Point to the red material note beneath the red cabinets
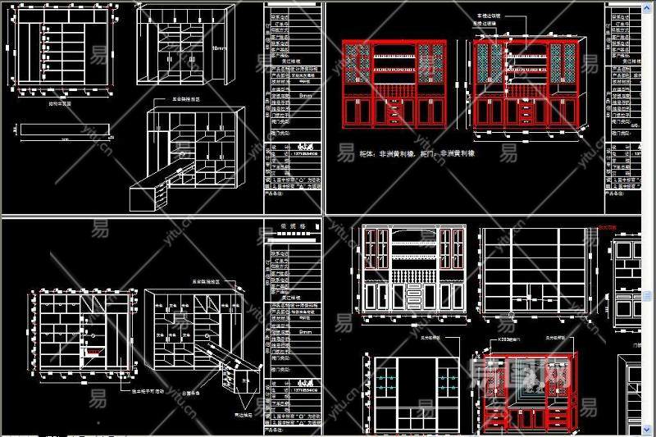(x=417, y=153)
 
